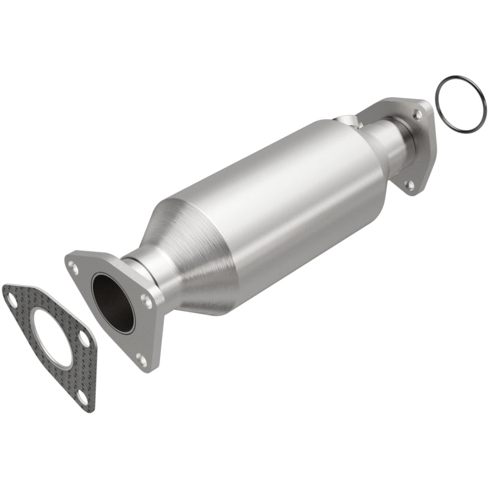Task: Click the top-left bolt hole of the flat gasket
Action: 12,297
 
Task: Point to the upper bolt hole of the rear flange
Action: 417,114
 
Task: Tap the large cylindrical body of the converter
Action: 275,196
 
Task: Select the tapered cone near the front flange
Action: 183,257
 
